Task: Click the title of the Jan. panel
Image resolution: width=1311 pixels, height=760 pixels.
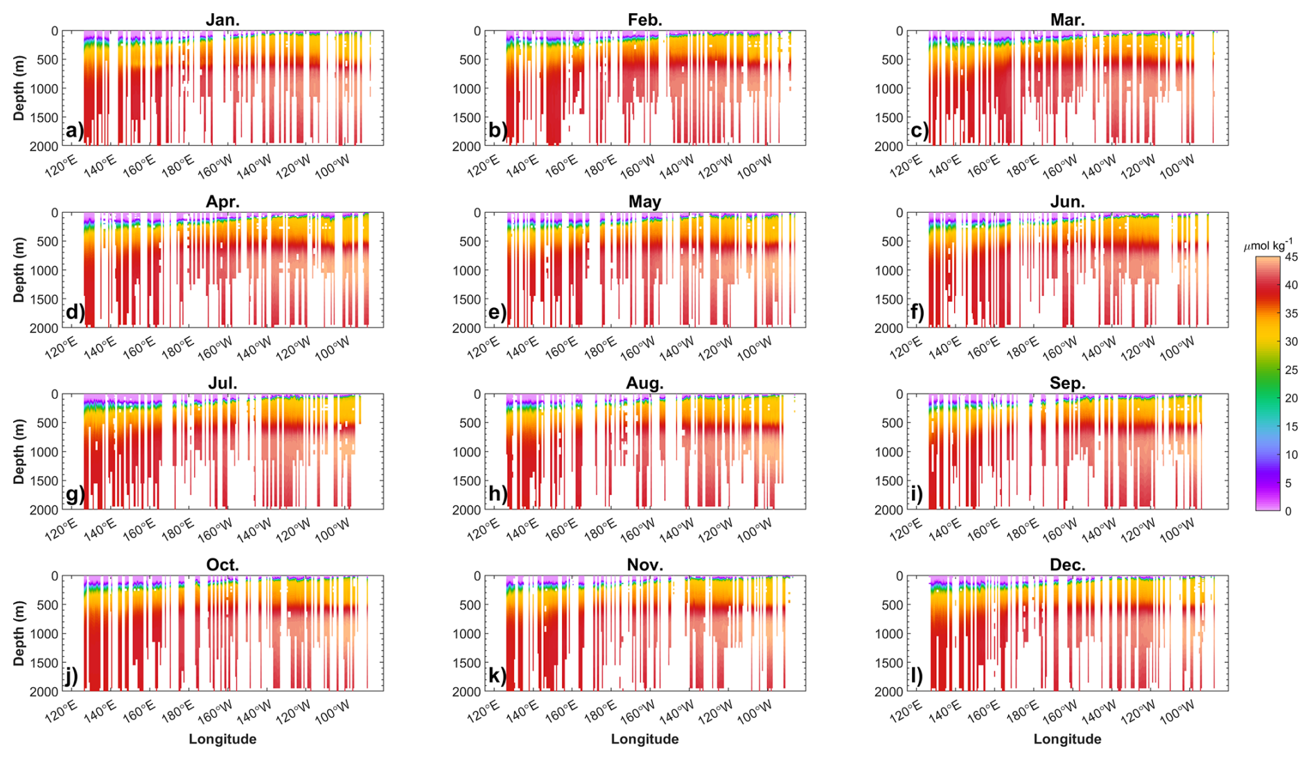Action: coord(222,20)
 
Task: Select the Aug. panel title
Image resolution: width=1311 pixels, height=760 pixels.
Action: coord(644,383)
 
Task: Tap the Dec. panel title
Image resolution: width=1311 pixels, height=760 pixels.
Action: coord(1067,565)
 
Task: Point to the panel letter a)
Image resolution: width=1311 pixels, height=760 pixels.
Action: coord(74,131)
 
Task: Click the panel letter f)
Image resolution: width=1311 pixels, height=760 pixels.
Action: coord(917,313)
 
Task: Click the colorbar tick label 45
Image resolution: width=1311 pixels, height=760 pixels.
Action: coord(1291,257)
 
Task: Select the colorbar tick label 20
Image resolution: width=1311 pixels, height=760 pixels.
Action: coord(1291,398)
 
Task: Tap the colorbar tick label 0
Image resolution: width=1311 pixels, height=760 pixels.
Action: coord(1288,511)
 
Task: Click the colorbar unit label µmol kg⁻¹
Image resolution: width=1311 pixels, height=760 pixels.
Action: coord(1268,245)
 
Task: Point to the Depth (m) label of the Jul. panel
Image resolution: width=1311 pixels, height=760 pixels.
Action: coord(19,451)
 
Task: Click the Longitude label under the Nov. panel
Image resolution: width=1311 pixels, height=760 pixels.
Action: coord(644,739)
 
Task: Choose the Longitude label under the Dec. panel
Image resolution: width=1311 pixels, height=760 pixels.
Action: coord(1067,739)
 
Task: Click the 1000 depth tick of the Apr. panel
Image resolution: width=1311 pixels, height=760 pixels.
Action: coord(44,270)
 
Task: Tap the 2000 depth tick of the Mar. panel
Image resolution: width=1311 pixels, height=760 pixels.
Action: coord(889,146)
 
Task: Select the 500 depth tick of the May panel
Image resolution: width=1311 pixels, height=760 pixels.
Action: coord(470,242)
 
